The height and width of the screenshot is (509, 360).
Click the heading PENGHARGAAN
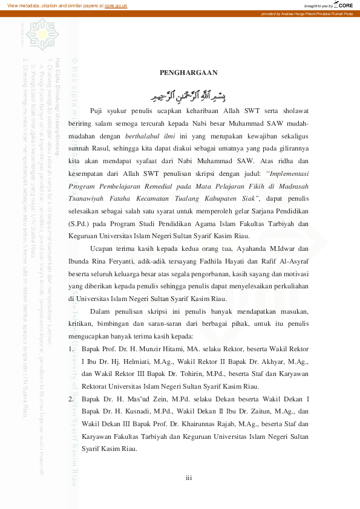pos(188,73)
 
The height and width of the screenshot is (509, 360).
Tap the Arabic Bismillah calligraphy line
pos(188,95)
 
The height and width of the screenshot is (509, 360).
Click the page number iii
pos(189,478)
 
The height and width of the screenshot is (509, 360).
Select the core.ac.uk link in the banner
pos(116,5)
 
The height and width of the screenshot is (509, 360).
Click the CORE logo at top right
pos(344,5)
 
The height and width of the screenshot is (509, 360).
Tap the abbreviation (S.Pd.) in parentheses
pos(80,224)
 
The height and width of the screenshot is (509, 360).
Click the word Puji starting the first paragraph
pos(97,111)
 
